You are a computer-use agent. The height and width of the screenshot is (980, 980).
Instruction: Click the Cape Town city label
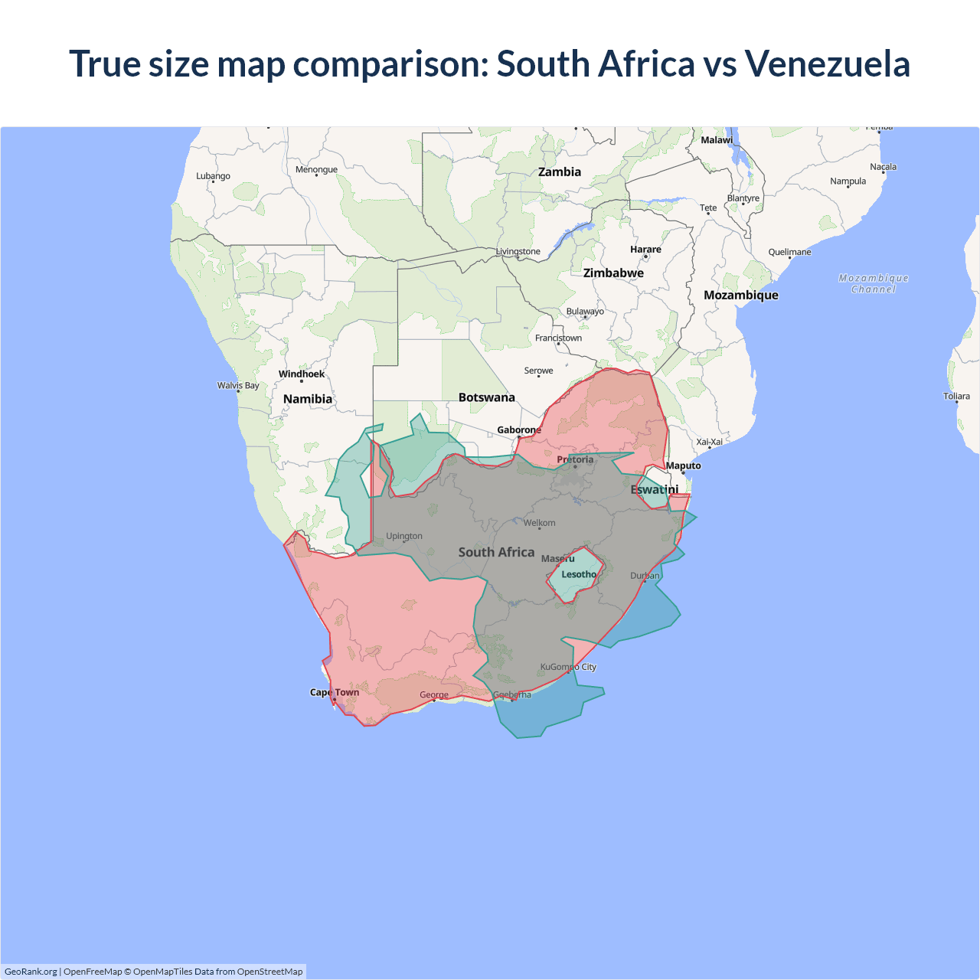335,692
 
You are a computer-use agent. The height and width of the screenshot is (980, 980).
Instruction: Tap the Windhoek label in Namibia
302,374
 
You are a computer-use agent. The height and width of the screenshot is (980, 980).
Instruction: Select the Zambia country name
560,172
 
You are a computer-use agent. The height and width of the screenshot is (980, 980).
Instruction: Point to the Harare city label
645,250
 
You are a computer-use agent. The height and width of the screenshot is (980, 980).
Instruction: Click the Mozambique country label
740,296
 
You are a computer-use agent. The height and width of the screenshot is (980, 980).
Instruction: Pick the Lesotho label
579,574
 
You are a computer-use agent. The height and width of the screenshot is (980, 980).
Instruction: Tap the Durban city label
645,576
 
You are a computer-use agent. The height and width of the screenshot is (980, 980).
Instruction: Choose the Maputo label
683,465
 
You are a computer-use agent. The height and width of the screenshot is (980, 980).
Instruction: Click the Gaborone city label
519,430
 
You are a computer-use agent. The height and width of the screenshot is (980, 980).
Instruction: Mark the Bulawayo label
585,312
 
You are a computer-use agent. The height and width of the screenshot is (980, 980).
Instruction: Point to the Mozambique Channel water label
874,283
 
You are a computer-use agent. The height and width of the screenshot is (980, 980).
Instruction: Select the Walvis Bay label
238,385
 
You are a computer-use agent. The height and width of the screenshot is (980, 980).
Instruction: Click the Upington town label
404,536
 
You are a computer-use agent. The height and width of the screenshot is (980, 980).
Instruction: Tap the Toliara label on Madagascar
956,396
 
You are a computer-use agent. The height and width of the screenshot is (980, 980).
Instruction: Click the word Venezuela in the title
827,64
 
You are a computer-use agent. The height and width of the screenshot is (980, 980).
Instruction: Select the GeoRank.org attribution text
31,972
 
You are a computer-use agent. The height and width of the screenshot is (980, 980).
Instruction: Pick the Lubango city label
213,176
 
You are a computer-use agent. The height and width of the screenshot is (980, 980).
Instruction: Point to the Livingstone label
518,251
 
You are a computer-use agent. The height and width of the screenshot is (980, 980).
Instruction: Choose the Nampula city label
848,181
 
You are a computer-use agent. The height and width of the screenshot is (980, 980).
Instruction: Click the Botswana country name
487,397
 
